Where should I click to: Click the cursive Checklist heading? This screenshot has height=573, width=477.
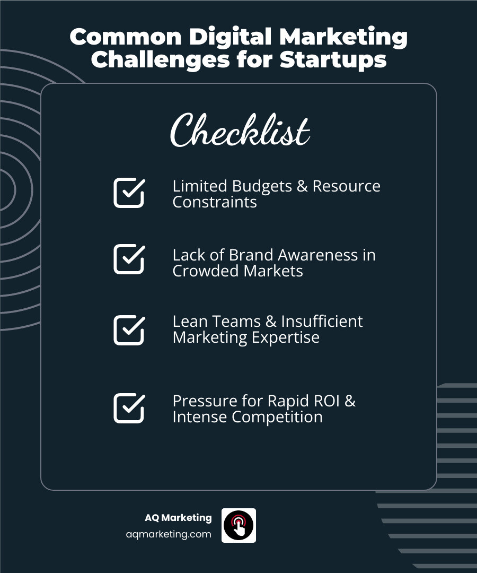point(240,131)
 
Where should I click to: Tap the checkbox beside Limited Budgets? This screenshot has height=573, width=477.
point(129,193)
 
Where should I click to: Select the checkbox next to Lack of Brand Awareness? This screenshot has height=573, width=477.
point(129,259)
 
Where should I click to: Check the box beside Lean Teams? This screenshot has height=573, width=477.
point(129,330)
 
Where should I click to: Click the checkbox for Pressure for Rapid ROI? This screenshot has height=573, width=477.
point(129,408)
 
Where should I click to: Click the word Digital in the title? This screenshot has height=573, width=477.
point(231,38)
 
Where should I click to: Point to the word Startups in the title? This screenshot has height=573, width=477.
point(333,59)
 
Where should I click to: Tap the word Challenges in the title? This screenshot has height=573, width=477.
point(160,59)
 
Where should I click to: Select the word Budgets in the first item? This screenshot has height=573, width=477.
point(262,187)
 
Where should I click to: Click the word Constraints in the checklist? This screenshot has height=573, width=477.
point(215,202)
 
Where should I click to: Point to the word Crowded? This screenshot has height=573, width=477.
point(206,271)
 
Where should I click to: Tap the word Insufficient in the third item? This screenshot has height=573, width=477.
point(322,322)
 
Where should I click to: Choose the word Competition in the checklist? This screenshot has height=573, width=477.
point(277,418)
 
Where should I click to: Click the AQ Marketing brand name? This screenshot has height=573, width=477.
point(178,518)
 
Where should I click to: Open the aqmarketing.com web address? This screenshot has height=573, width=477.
point(169,534)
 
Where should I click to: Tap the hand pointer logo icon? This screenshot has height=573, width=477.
point(238,525)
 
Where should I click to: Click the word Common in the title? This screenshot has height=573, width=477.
point(126,37)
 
